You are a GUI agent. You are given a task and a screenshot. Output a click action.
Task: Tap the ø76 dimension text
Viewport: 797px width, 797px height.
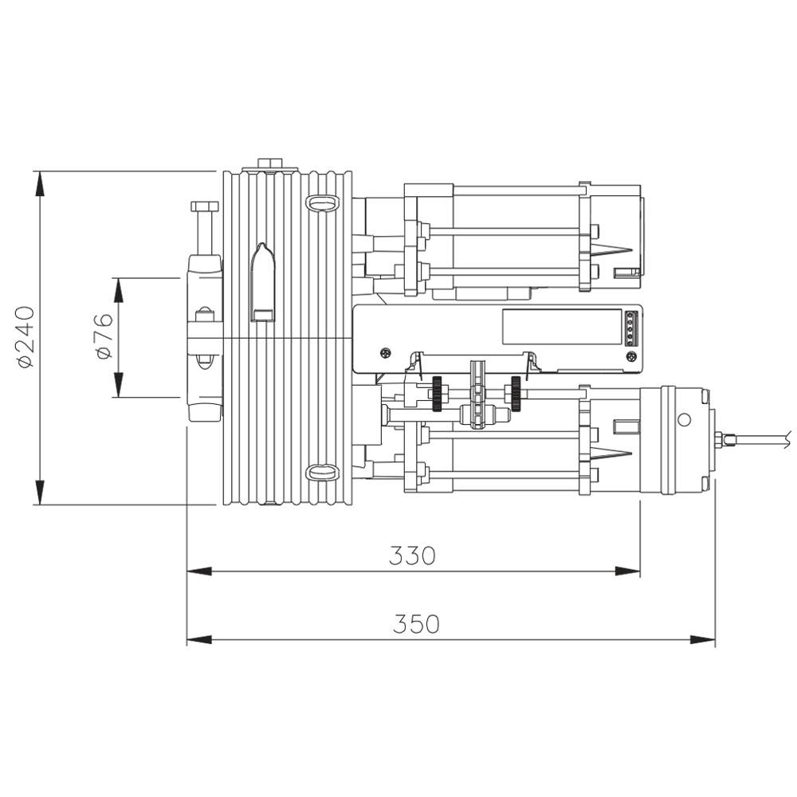[x=104, y=336]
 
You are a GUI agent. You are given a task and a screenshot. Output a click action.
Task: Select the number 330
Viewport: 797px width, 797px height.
[x=412, y=556]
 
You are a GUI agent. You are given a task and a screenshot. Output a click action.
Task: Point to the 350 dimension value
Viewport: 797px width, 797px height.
[x=415, y=624]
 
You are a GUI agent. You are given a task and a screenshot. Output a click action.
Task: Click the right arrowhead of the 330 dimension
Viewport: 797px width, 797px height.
[x=628, y=571]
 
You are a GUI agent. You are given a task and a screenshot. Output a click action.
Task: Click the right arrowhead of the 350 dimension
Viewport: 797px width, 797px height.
[x=703, y=639]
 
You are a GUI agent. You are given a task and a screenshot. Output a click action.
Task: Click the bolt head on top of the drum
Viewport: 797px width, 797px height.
[x=272, y=163]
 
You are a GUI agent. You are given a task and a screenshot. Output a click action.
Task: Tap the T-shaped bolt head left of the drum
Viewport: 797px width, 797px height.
[x=204, y=207]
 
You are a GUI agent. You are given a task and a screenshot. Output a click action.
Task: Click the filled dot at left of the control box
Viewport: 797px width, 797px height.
[x=386, y=351]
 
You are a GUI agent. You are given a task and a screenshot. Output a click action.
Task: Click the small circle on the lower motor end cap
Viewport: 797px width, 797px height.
[x=683, y=420]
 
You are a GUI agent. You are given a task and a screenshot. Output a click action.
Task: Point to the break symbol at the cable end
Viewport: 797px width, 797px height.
[x=787, y=436]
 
